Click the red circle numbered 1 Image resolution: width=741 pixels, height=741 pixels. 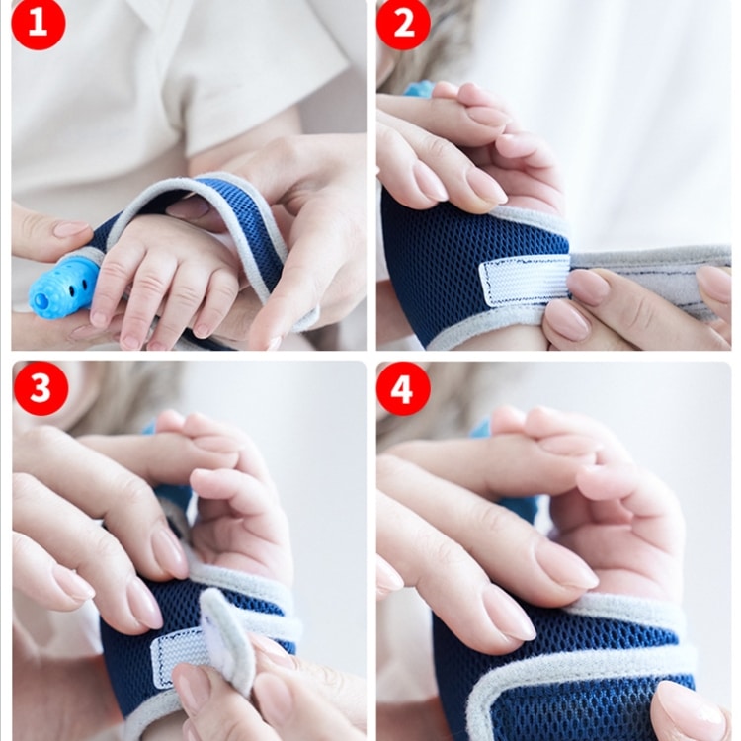[39, 24]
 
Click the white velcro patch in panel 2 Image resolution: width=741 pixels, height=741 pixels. [524, 281]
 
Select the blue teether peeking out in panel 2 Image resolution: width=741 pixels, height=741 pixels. [419, 89]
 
